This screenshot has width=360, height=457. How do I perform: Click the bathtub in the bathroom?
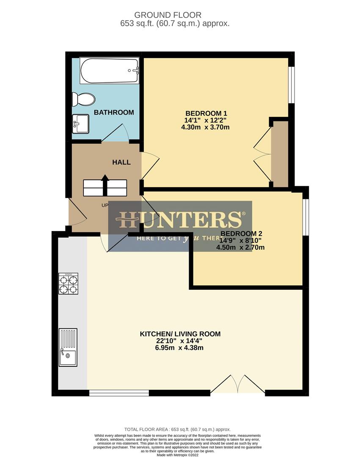click(x=110, y=70)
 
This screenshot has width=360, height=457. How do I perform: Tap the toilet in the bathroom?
click(x=83, y=99)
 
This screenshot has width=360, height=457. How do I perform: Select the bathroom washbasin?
click(x=80, y=124)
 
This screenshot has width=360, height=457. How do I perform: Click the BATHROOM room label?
click(x=114, y=113)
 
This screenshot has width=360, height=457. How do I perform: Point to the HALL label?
click(x=121, y=162)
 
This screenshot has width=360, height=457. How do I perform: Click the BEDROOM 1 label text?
click(x=206, y=113)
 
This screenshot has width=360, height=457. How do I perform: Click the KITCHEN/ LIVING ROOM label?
click(x=180, y=334)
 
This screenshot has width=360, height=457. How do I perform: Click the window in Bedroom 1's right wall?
click(x=291, y=85)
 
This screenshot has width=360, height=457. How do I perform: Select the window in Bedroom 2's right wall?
click(x=306, y=216)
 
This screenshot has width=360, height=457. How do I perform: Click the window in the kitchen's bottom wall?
click(x=119, y=393)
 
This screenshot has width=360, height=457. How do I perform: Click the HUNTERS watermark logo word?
click(x=180, y=220)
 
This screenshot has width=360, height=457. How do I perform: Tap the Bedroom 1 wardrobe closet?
click(x=279, y=154)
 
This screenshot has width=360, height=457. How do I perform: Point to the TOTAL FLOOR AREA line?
click(x=178, y=429)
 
